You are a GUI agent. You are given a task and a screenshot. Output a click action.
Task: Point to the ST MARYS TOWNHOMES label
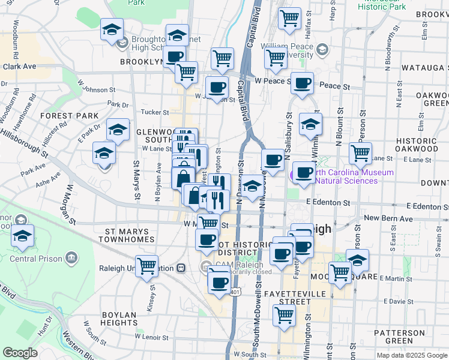coord(138,235)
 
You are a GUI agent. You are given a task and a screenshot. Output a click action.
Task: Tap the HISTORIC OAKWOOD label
coord(417,144)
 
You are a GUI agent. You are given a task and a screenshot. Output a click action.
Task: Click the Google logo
coord(20,353)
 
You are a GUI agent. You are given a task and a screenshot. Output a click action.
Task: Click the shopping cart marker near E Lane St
coord(360,152)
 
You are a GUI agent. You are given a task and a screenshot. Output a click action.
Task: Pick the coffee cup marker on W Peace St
coord(302,82)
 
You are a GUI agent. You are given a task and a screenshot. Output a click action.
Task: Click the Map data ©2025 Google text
coord(411,355)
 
